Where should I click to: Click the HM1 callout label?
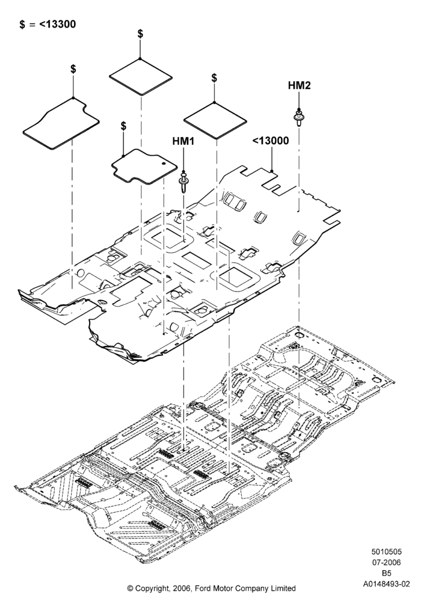183,141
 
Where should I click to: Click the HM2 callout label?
299,85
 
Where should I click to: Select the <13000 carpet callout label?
271,141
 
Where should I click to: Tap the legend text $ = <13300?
48,24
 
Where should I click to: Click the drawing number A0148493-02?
387,584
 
